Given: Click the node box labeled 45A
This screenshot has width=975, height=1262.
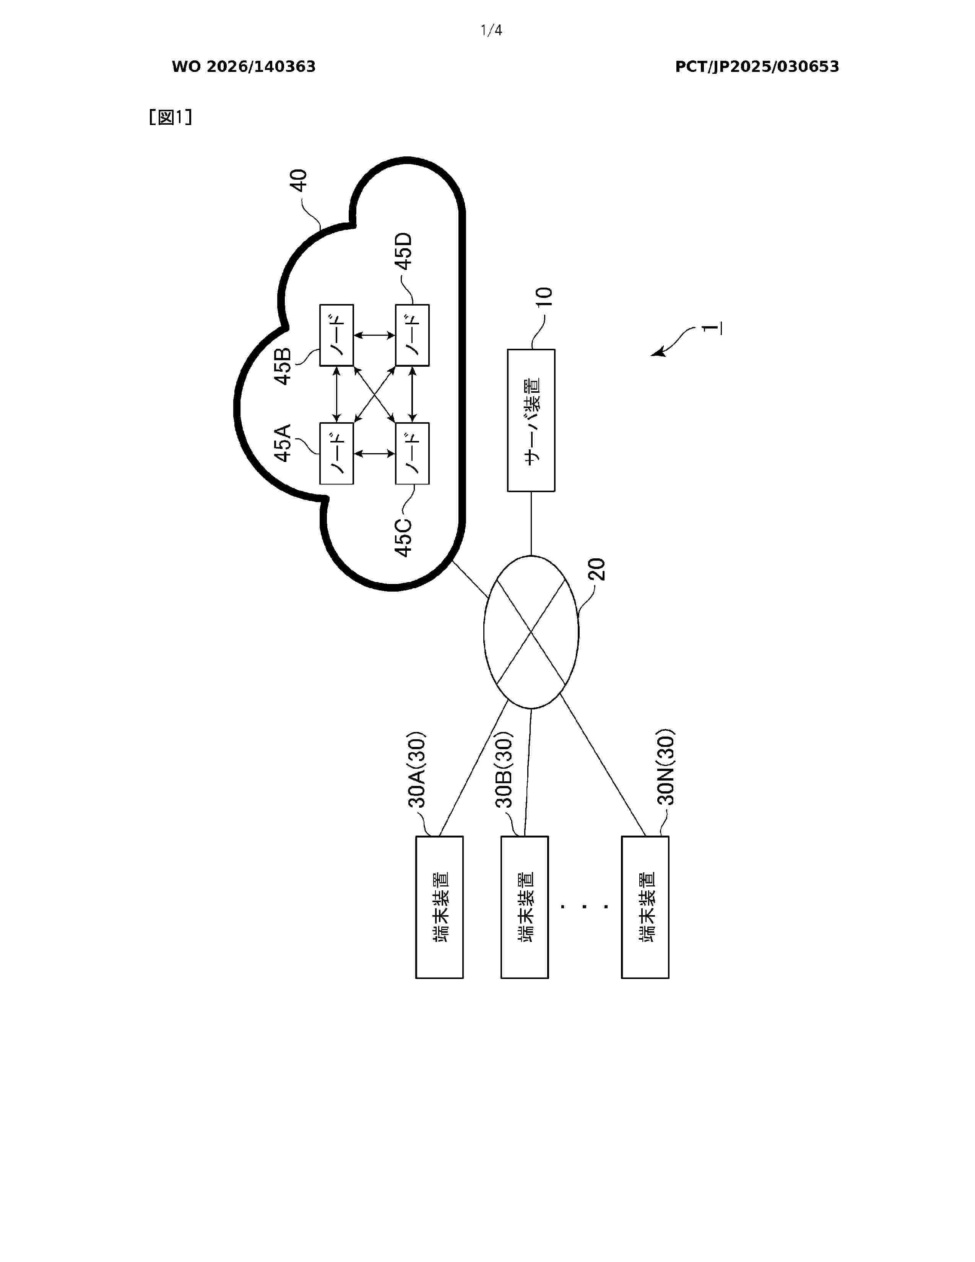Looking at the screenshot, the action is [x=336, y=454].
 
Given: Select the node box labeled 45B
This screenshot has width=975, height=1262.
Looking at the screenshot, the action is [x=336, y=335].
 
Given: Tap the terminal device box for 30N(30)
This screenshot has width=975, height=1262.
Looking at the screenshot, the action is [x=645, y=907].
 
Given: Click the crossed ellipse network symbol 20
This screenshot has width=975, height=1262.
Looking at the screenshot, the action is [x=531, y=632].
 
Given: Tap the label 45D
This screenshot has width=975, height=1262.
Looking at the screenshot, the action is [x=404, y=251].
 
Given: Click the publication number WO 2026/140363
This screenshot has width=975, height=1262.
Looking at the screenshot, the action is [x=244, y=67].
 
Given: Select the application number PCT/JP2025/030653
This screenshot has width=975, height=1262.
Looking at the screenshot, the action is [x=757, y=67].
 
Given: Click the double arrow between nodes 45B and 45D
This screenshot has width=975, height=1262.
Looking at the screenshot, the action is [x=374, y=335].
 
